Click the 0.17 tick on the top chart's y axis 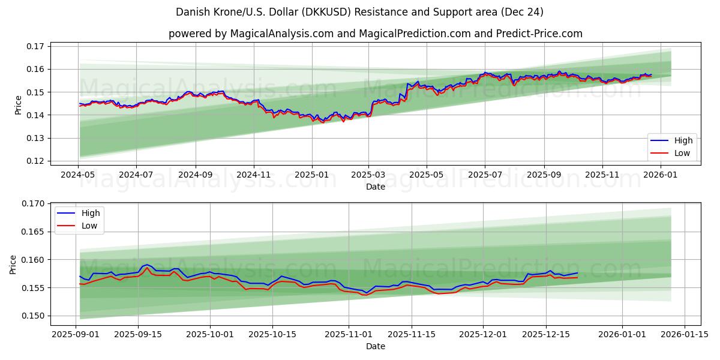[36, 46]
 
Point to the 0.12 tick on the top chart [36, 161]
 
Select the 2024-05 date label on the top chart [78, 175]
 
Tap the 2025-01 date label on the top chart [312, 175]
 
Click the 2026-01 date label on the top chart [661, 175]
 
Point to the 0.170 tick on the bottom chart [34, 203]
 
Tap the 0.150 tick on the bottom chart [34, 316]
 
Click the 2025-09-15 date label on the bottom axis [138, 334]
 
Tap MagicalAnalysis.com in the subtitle [281, 34]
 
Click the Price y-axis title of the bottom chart [13, 264]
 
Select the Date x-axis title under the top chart [376, 187]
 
